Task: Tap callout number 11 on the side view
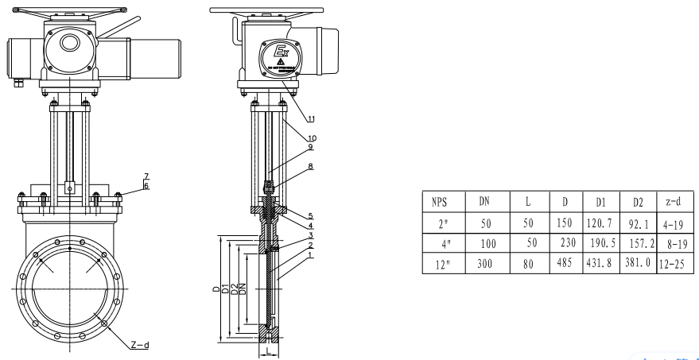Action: (x=311, y=118)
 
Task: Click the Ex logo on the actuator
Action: (x=282, y=54)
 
